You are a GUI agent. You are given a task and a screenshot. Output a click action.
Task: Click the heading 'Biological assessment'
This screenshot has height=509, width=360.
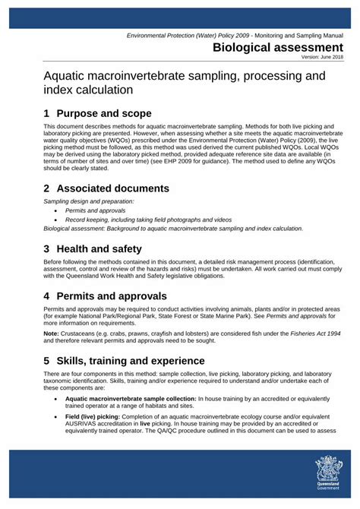[x=277, y=48]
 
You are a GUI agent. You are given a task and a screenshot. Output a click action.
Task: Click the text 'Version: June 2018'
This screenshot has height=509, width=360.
[x=322, y=57]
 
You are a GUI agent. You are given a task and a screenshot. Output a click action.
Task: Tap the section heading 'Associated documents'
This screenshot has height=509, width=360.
[x=117, y=188]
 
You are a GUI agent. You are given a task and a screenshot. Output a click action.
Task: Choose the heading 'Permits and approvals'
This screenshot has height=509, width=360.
[x=116, y=296]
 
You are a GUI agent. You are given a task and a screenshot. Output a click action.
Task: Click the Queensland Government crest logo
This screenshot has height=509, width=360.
[x=329, y=474]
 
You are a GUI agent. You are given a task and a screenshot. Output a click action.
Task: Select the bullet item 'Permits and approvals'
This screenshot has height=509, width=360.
[x=96, y=210]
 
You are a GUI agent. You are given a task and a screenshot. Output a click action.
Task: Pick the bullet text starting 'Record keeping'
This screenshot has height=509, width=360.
[x=148, y=219]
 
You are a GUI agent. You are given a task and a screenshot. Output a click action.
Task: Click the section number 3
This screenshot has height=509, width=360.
[x=47, y=248]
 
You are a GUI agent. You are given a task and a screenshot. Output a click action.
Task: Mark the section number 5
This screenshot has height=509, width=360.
[x=47, y=359]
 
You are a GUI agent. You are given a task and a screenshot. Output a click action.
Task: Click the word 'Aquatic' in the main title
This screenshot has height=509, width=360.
[x=67, y=77]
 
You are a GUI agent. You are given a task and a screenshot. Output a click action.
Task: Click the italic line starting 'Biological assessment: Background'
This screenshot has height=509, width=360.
[x=173, y=228]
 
